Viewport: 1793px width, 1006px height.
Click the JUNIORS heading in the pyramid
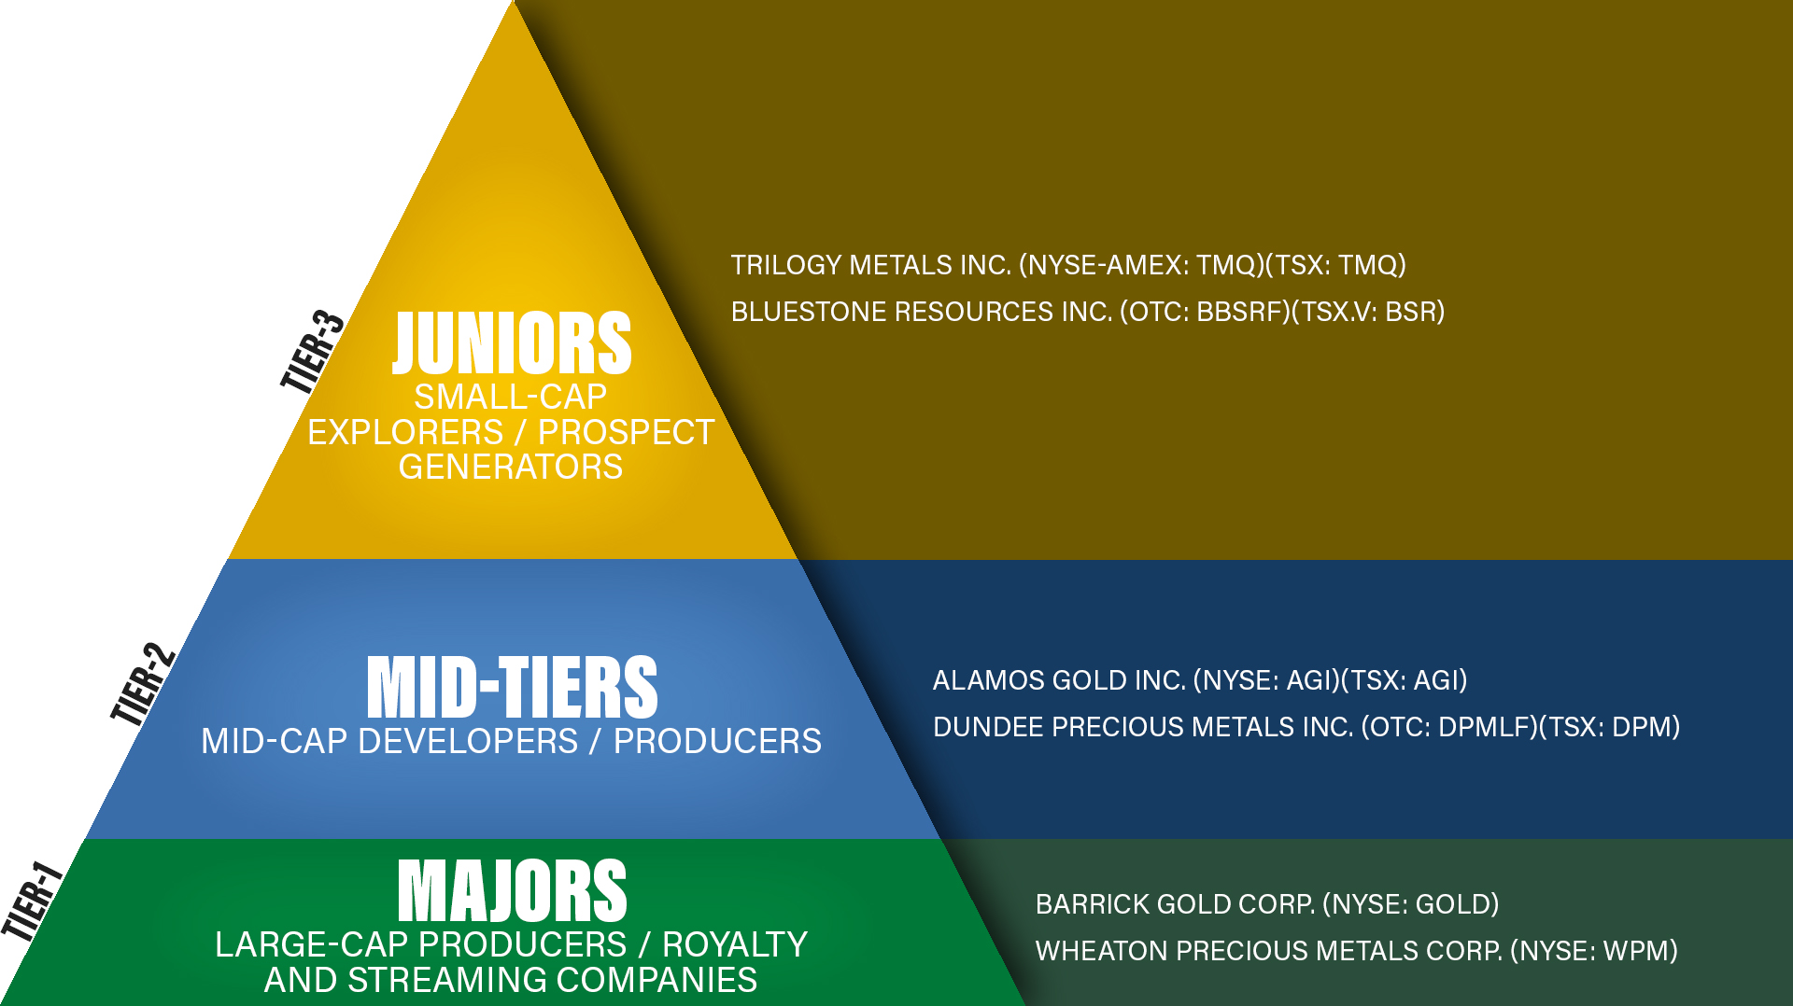pyautogui.click(x=512, y=342)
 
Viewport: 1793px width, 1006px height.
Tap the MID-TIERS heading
pyautogui.click(x=512, y=687)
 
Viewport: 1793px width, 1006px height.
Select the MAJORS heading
pyautogui.click(x=512, y=890)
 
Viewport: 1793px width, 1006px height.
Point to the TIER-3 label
pyautogui.click(x=313, y=351)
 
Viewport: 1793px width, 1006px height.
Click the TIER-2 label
pyautogui.click(x=143, y=684)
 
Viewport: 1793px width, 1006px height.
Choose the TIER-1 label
pyautogui.click(x=32, y=901)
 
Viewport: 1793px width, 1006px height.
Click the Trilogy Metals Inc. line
pyautogui.click(x=1068, y=265)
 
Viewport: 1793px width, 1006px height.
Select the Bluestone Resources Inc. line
pyautogui.click(x=1088, y=312)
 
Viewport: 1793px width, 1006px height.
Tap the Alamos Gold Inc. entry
pyautogui.click(x=1200, y=680)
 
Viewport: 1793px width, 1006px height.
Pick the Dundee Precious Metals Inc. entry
pyautogui.click(x=1306, y=727)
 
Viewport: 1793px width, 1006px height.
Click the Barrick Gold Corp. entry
pyautogui.click(x=1267, y=904)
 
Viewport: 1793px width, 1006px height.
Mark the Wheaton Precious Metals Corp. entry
pyautogui.click(x=1357, y=951)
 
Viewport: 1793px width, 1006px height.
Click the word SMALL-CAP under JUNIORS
pyautogui.click(x=511, y=398)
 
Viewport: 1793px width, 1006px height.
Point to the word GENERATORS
pyautogui.click(x=511, y=467)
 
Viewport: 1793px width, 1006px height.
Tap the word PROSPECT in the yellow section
pyautogui.click(x=626, y=432)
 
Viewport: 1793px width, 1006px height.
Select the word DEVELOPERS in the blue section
pyautogui.click(x=468, y=741)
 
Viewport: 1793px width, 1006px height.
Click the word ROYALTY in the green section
pyautogui.click(x=735, y=944)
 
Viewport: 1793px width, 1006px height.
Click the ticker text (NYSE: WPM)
pyautogui.click(x=1594, y=951)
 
